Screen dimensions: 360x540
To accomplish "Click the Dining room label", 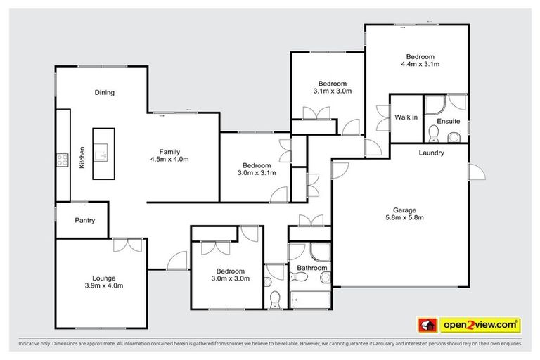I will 105,92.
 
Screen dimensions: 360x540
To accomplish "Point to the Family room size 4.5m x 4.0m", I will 169,160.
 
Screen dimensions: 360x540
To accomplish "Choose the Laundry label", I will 431,153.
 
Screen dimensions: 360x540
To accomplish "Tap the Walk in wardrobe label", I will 406,117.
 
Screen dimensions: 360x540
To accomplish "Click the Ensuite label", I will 448,122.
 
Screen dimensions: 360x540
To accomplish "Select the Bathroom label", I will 311,268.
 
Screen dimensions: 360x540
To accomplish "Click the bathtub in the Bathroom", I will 309,300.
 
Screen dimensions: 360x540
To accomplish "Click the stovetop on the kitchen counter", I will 62,159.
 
